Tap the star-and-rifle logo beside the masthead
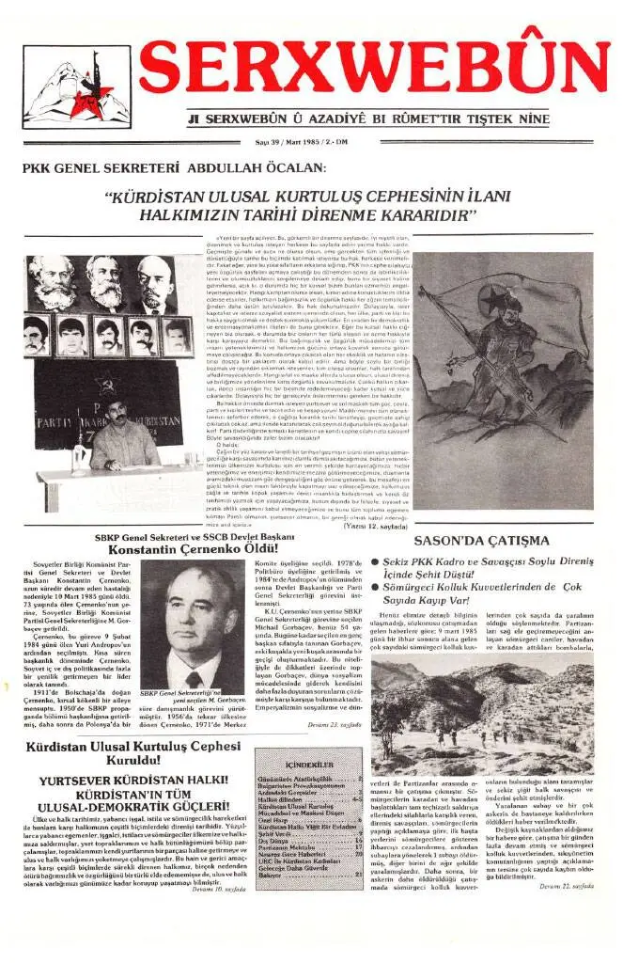77,87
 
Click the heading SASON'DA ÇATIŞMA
494,541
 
